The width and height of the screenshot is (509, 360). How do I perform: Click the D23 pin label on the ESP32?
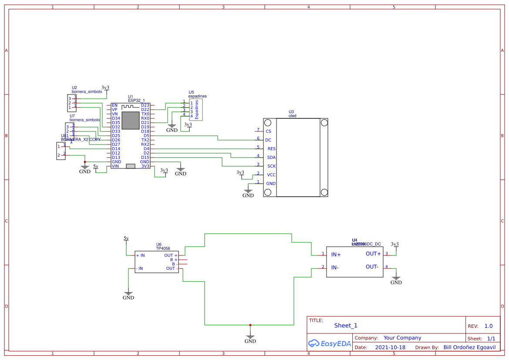click(x=145, y=105)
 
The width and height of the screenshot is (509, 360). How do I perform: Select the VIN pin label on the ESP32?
click(x=115, y=166)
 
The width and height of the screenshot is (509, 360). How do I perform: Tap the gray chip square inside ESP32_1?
click(x=130, y=120)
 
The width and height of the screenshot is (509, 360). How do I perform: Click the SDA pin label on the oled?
click(x=271, y=158)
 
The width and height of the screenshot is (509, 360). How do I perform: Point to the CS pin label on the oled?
click(x=268, y=131)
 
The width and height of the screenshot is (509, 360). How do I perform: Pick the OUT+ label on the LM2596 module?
click(x=373, y=254)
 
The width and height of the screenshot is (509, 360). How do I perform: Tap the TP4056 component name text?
click(x=163, y=249)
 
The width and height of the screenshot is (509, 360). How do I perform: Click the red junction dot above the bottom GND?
click(x=250, y=325)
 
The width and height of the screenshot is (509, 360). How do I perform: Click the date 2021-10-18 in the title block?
click(x=390, y=347)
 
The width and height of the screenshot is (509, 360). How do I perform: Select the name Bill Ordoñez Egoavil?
click(x=469, y=347)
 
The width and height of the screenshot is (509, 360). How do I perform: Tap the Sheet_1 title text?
click(x=346, y=326)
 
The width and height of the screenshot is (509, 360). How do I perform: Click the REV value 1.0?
click(x=488, y=326)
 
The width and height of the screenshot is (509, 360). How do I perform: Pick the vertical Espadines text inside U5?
click(x=196, y=109)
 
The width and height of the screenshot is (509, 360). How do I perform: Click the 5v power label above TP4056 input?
click(x=126, y=238)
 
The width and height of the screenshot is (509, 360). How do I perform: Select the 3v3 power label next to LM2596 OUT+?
click(x=395, y=244)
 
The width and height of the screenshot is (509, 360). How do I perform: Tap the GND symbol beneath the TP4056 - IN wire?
click(x=128, y=295)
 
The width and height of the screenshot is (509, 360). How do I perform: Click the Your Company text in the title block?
click(x=402, y=338)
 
